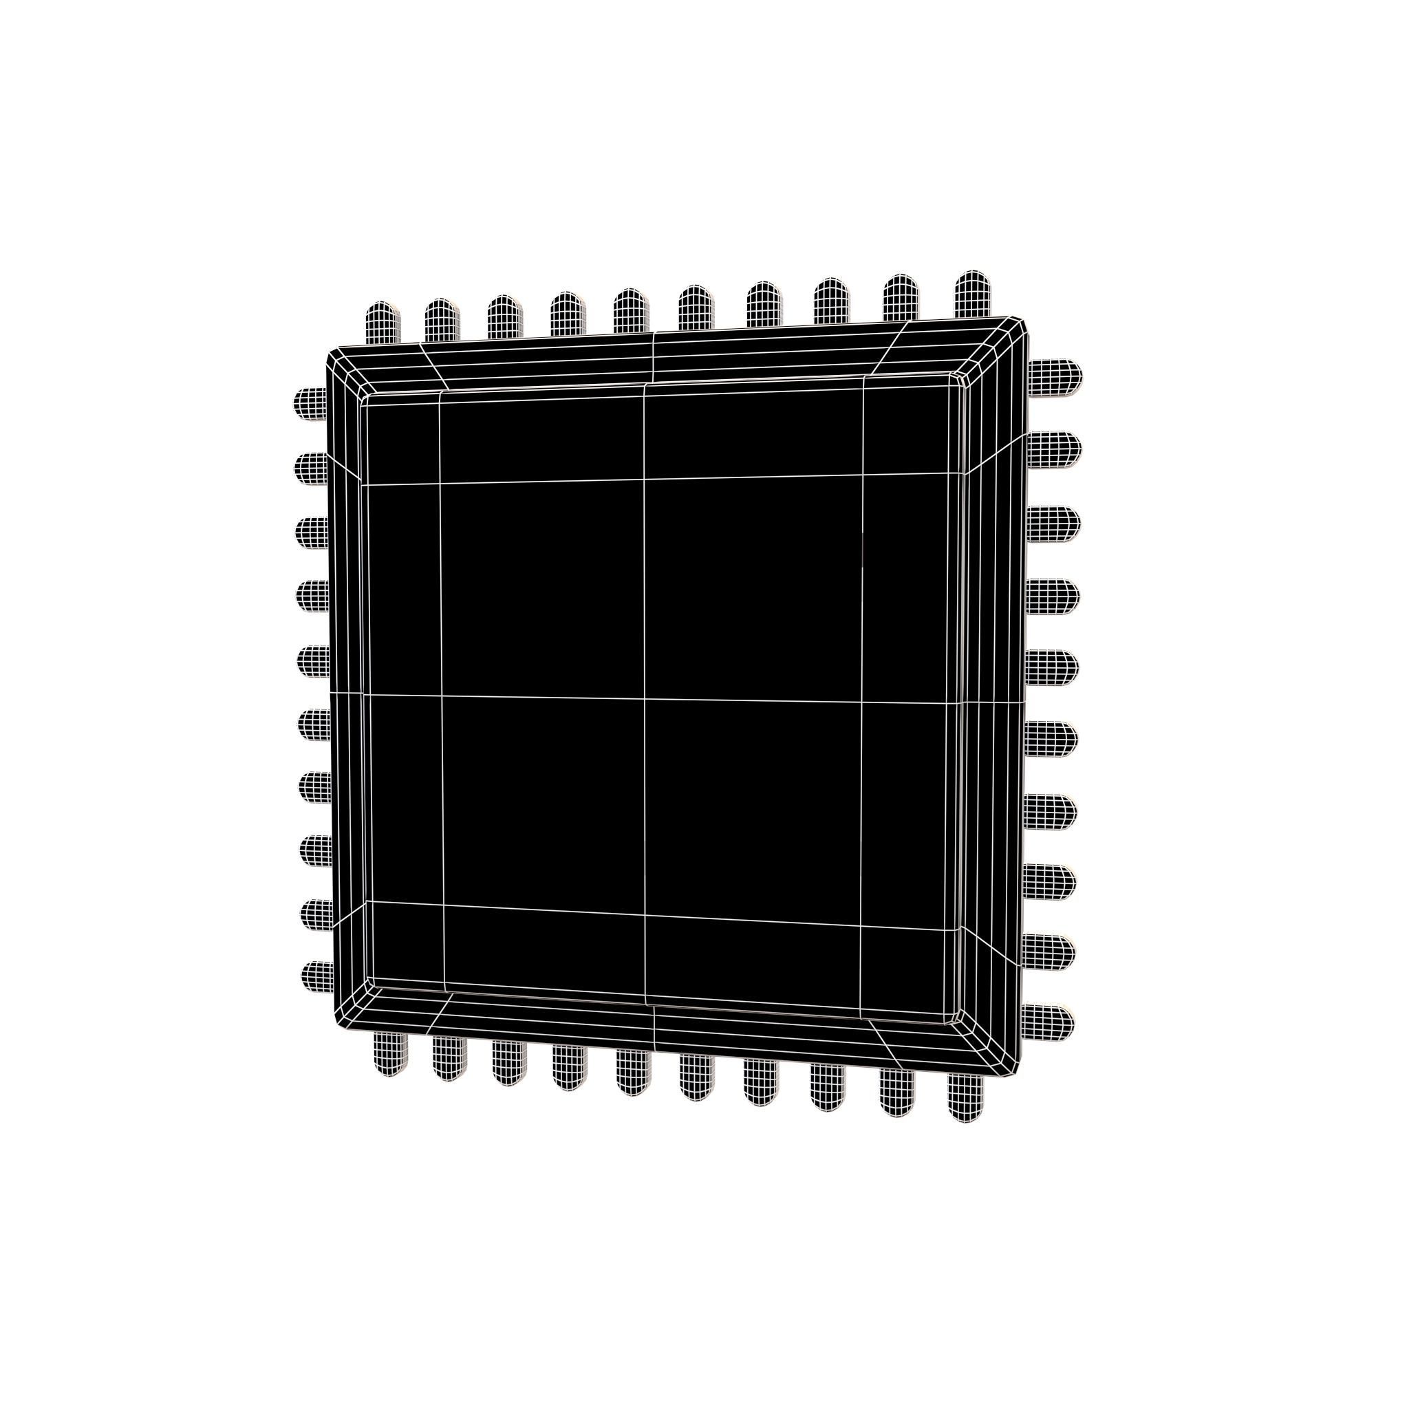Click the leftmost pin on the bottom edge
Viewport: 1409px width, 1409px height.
[x=390, y=1055]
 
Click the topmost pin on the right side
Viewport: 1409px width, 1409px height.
[x=1055, y=377]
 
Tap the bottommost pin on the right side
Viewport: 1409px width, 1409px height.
[x=1047, y=1021]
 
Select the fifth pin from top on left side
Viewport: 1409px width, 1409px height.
[x=313, y=660]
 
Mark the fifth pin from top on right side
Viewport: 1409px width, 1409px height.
[x=1052, y=665]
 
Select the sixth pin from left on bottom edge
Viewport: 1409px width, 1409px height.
[x=696, y=1077]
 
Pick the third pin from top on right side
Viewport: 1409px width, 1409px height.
[x=1053, y=522]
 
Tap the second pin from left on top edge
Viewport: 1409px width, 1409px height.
[x=442, y=319]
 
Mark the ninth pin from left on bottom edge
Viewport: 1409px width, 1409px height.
[x=898, y=1092]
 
